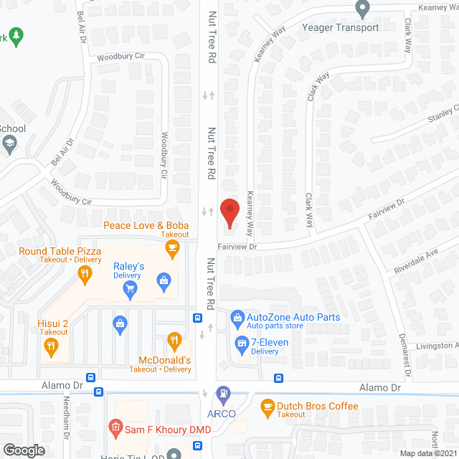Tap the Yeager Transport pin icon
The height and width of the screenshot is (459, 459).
[x=362, y=9]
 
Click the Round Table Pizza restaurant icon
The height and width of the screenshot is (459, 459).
[x=85, y=273]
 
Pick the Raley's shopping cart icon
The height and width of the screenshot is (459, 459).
[x=130, y=288]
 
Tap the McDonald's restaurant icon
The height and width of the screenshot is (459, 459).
[x=174, y=339]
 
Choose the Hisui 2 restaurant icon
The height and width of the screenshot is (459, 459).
[x=50, y=347]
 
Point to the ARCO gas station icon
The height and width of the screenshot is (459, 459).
[x=224, y=393]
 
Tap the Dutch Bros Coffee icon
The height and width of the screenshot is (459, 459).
[x=268, y=407]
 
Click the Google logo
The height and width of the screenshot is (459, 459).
[x=24, y=450]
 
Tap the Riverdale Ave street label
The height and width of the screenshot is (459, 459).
[x=415, y=262]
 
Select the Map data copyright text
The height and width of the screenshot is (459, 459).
[x=428, y=453]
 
